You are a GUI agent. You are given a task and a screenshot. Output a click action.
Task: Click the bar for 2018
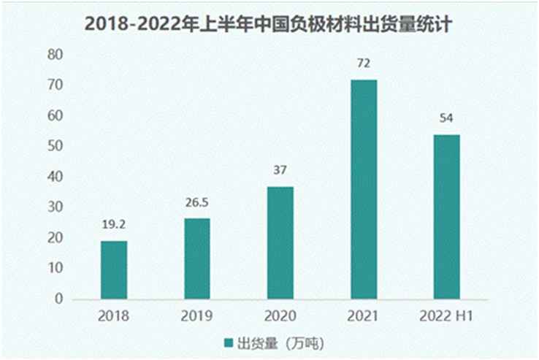114,270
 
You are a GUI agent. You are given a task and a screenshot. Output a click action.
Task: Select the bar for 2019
196,258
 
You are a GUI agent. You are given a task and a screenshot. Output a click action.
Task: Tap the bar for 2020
280,242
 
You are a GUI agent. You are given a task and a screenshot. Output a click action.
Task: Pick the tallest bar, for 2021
363,189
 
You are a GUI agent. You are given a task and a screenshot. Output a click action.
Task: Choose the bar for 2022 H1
446,217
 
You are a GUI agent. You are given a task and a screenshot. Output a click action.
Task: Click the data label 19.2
114,226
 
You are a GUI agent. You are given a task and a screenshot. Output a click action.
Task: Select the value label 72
363,64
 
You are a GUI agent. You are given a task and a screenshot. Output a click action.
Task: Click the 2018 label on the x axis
114,317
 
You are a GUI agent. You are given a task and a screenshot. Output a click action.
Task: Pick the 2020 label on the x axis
280,317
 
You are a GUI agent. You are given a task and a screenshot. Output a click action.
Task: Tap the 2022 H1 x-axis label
446,317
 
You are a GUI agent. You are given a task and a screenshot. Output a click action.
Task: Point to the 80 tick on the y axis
56,55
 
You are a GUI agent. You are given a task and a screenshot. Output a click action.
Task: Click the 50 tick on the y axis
56,146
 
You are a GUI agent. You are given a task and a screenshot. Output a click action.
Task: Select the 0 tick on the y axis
59,299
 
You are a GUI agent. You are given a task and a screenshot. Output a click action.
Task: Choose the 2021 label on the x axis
363,317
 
